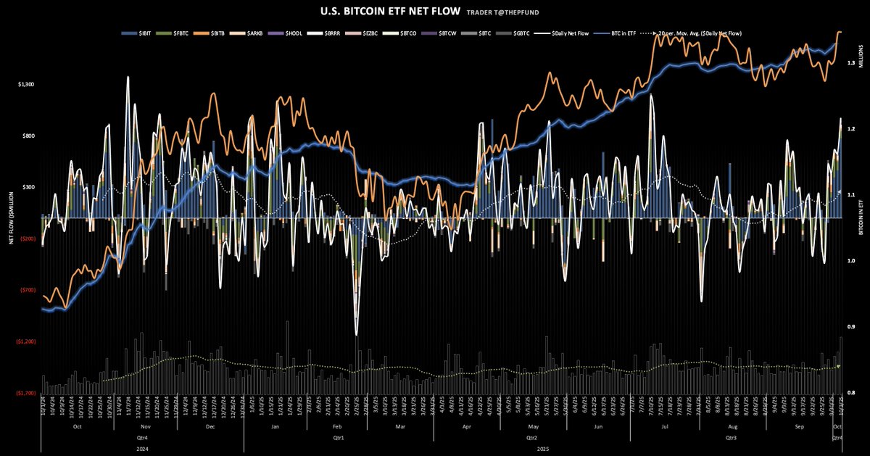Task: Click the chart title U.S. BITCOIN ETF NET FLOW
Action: point(379,12)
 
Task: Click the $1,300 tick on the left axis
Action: point(25,85)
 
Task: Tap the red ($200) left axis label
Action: point(28,239)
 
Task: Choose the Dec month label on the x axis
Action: point(210,428)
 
